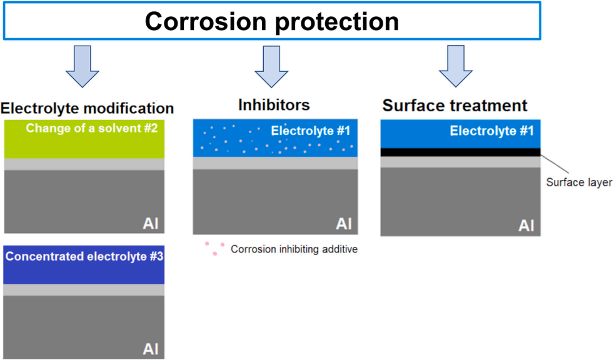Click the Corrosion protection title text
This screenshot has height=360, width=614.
(271, 21)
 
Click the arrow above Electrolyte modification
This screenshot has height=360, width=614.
(83, 65)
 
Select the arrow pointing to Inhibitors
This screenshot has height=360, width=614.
(271, 65)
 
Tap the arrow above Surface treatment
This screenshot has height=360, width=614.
(455, 65)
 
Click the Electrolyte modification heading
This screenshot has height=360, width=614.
(88, 107)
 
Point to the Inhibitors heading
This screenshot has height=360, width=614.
(274, 104)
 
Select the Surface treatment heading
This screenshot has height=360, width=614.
(455, 105)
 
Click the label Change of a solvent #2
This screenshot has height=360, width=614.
(92, 129)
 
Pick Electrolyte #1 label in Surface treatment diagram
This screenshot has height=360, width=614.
(492, 131)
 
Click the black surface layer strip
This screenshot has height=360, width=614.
(460, 152)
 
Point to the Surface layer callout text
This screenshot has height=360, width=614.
(579, 182)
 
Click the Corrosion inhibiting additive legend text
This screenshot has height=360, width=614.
(294, 249)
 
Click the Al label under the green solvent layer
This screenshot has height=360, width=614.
(151, 223)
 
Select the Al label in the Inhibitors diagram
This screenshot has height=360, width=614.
(344, 224)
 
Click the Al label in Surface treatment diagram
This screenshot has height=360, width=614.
(526, 225)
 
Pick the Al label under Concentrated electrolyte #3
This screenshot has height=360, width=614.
(151, 348)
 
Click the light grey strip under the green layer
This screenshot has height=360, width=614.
(84, 164)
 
